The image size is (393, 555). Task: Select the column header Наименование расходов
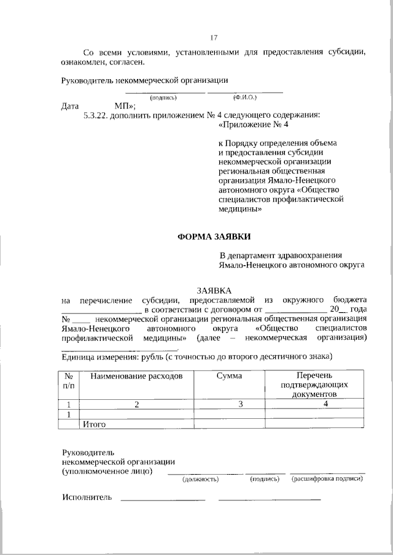136,375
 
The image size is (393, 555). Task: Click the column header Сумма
228,375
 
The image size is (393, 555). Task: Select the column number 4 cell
325,404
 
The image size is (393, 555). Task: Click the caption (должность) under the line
201,479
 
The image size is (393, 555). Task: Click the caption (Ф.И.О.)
244,98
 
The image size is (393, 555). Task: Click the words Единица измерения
100,356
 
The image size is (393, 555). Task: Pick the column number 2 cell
138,404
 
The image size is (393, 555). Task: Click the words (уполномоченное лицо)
107,472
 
